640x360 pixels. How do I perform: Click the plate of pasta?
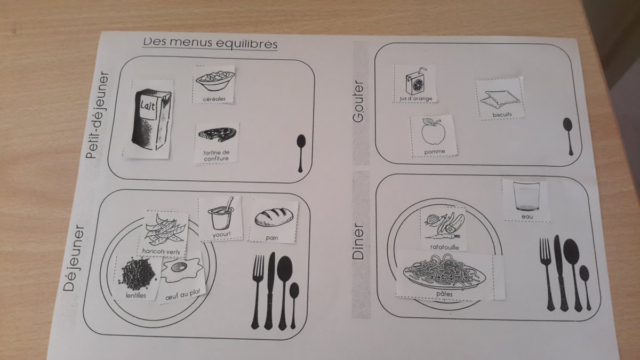pyautogui.click(x=444, y=273)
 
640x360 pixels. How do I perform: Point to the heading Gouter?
pyautogui.click(x=358, y=102)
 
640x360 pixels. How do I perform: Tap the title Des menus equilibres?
pyautogui.click(x=210, y=44)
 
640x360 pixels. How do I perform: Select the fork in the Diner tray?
pyautogui.click(x=546, y=273)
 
